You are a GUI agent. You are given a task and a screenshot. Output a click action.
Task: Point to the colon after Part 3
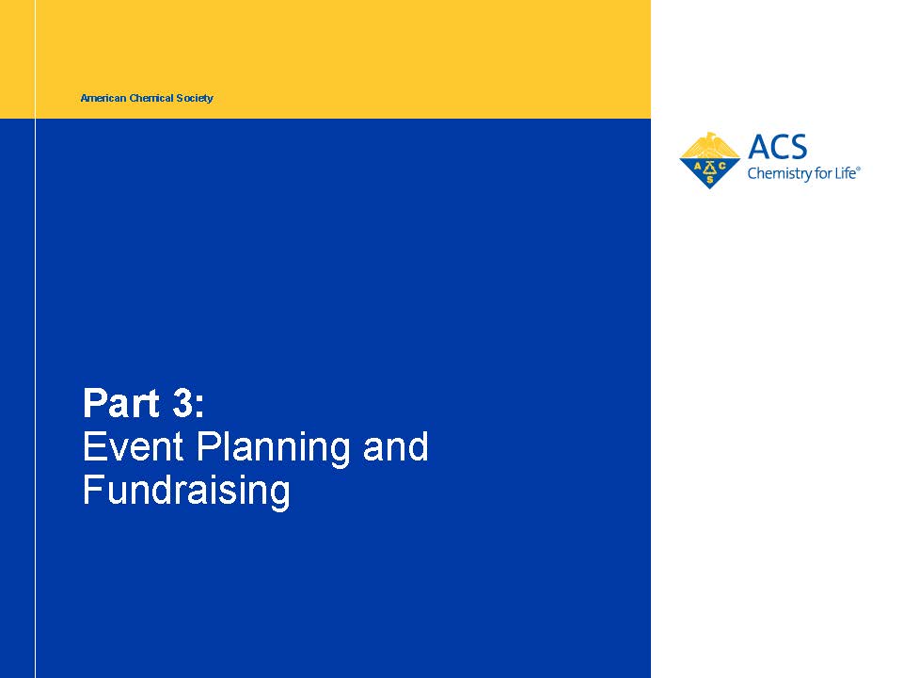(x=199, y=406)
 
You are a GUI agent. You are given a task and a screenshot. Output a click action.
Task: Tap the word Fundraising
(x=186, y=492)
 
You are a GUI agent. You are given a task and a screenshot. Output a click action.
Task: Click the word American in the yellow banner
(x=103, y=98)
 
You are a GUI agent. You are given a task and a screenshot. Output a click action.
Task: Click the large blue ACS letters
(x=778, y=147)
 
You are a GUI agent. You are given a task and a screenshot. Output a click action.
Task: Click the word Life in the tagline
(x=845, y=173)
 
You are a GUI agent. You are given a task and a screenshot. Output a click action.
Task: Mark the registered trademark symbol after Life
(x=858, y=169)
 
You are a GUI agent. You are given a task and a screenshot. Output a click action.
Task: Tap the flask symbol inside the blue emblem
(x=709, y=169)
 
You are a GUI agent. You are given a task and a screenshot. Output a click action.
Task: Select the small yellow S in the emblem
(x=709, y=180)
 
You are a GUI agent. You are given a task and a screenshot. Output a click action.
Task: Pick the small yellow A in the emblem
(x=697, y=168)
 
